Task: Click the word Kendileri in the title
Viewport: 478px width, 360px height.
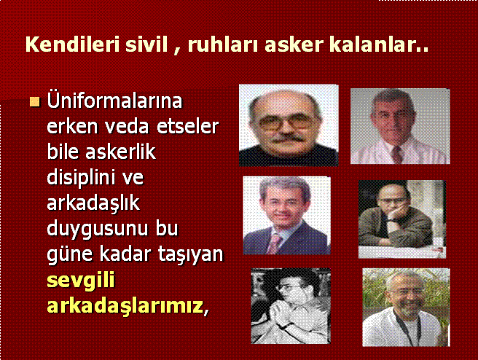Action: [72, 44]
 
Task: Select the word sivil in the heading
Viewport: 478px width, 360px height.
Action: [146, 44]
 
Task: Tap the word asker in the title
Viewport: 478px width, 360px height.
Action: [294, 44]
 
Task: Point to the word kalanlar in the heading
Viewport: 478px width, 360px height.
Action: [375, 44]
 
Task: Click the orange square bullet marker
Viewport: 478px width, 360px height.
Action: [35, 102]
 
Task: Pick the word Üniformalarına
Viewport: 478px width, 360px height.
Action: [114, 101]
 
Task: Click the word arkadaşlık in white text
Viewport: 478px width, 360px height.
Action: [93, 203]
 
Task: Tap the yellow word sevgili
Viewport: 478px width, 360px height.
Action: [81, 281]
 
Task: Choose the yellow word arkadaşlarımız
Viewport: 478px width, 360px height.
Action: [125, 306]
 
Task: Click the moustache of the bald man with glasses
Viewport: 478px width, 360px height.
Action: [287, 138]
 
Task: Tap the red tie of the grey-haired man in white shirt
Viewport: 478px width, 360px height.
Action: [396, 154]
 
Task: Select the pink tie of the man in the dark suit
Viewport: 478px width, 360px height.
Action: [274, 244]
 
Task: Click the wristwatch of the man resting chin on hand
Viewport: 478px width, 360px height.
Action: [393, 220]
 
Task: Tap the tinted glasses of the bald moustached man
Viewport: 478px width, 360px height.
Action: [288, 122]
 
